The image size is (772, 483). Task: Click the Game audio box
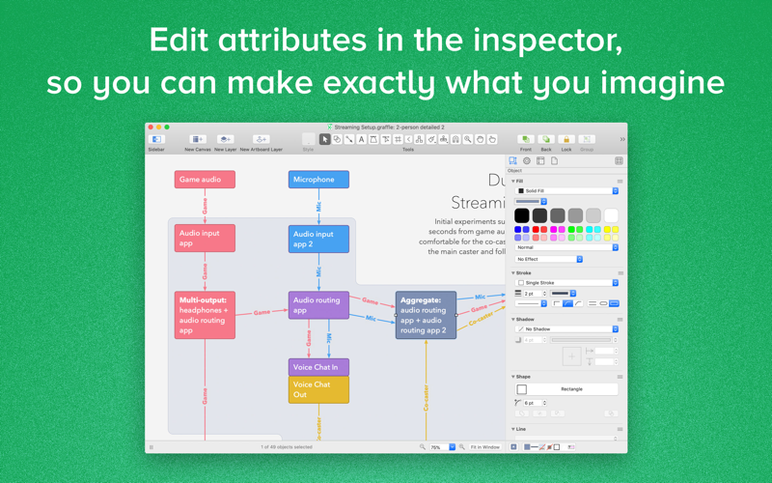point(205,180)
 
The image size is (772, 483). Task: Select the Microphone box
point(318,180)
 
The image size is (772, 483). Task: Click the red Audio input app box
point(205,238)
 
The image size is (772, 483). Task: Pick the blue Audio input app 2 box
point(318,239)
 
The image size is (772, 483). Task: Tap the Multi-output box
point(205,315)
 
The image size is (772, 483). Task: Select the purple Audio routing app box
point(318,305)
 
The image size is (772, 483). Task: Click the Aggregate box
point(426,315)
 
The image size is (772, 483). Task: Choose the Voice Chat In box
point(318,367)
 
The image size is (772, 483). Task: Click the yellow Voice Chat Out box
point(318,389)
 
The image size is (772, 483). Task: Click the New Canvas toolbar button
point(198,140)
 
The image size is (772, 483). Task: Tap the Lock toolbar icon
point(566,140)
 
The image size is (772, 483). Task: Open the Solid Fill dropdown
point(566,191)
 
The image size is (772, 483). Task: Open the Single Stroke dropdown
point(566,283)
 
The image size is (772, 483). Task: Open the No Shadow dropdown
point(566,329)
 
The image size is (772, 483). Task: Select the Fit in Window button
point(485,447)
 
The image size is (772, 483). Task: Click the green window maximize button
point(168,128)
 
